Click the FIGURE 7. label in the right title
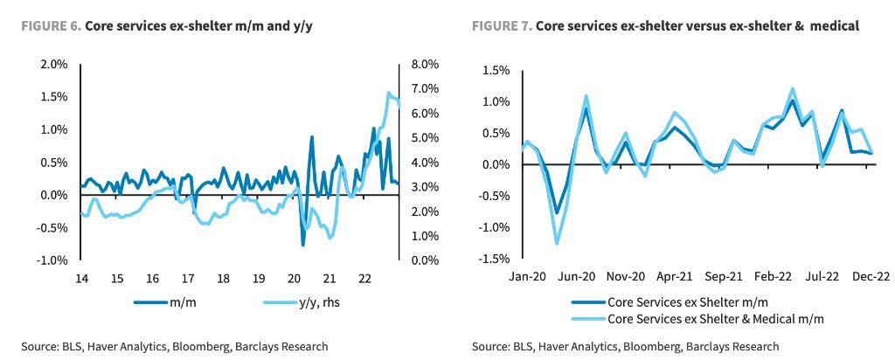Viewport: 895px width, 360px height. click(501, 26)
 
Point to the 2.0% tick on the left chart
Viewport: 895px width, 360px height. click(54, 64)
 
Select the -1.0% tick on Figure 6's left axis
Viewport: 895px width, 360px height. click(52, 260)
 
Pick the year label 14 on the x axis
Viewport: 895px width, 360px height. click(81, 278)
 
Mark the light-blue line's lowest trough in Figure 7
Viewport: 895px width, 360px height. click(557, 244)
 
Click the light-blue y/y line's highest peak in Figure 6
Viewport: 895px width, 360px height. click(388, 93)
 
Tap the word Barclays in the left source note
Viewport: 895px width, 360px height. click(253, 347)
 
